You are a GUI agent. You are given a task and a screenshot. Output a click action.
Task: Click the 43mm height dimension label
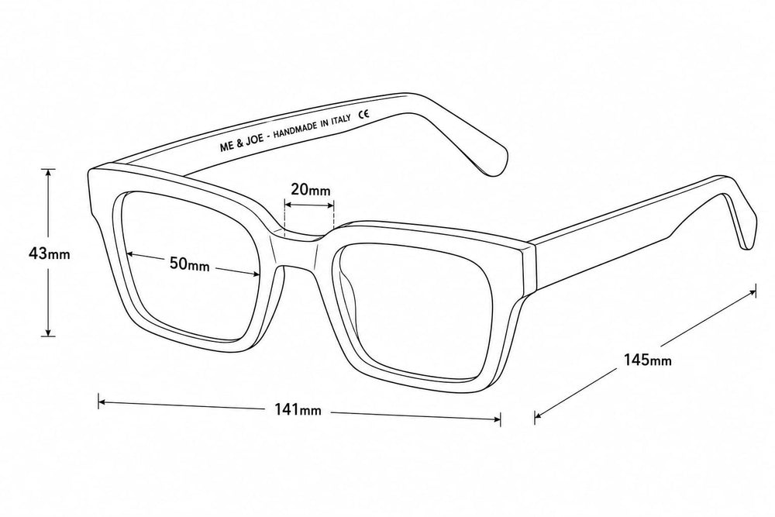coord(49,254)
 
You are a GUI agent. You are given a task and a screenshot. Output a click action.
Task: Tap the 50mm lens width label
coord(190,264)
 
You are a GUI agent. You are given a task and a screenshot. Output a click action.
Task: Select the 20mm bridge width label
coord(311,189)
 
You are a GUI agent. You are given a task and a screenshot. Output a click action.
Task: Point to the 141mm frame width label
coord(298,409)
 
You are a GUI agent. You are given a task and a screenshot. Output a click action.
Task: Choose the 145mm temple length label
coord(647,360)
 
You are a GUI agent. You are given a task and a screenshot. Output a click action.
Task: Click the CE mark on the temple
coord(363,114)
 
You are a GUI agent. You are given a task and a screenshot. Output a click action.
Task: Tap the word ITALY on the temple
coord(342,119)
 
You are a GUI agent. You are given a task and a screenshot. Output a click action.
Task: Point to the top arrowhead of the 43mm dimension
coord(48,172)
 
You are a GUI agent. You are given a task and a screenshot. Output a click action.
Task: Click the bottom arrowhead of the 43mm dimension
coord(48,333)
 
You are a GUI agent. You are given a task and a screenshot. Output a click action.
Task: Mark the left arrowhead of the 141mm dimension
coord(102,402)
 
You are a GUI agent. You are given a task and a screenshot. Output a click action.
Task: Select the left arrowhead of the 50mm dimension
coord(130,254)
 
